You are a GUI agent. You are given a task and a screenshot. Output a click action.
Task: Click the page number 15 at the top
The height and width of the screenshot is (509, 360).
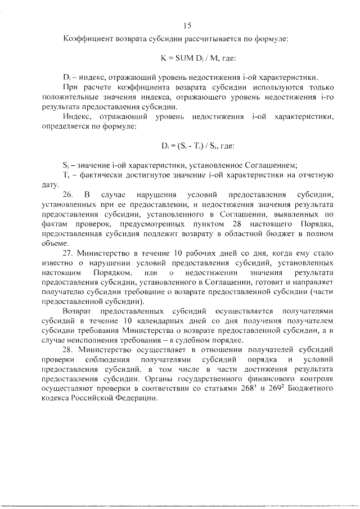[188, 25]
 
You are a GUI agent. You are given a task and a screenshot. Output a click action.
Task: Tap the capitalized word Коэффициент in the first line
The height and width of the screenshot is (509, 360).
[87, 39]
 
